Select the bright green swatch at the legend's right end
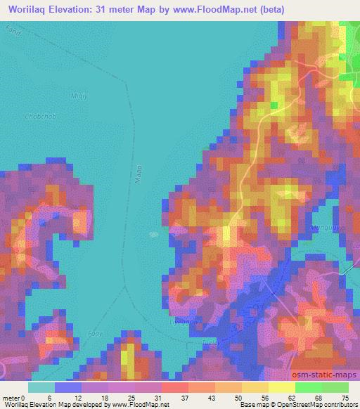click(x=335, y=387)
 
